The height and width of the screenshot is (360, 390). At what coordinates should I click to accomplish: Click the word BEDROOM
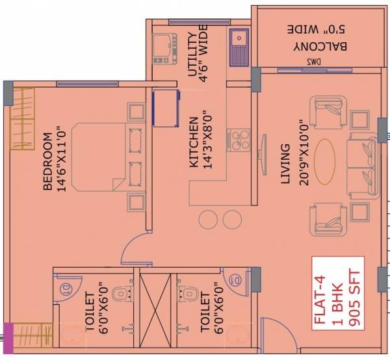click(47, 162)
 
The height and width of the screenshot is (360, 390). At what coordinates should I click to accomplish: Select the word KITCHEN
click(193, 143)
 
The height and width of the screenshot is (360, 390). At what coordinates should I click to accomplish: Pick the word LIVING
click(285, 166)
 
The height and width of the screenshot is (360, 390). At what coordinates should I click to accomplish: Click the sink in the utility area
click(238, 43)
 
